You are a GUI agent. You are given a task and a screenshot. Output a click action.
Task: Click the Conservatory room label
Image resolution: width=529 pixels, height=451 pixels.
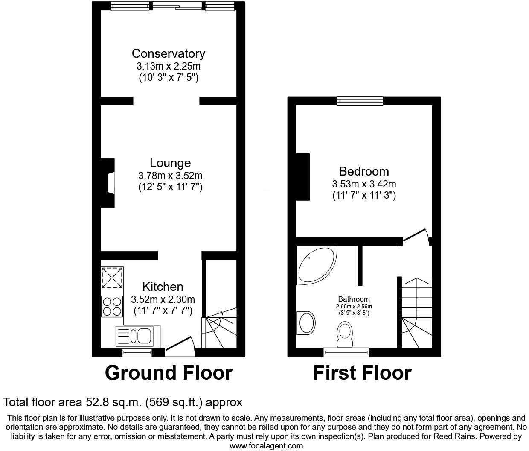pyautogui.click(x=168, y=53)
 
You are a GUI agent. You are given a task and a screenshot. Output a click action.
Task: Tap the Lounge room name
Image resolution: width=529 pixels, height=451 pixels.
pyautogui.click(x=170, y=163)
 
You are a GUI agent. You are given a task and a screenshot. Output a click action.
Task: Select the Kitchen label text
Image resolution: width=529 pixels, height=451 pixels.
pyautogui.click(x=163, y=287)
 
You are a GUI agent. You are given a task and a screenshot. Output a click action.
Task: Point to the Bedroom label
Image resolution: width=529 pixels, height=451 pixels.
pyautogui.click(x=364, y=171)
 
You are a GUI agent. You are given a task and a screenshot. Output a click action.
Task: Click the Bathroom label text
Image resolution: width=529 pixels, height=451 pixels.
pyautogui.click(x=354, y=299)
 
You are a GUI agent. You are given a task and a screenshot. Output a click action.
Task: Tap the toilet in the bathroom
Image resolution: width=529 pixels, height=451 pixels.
pyautogui.click(x=345, y=334)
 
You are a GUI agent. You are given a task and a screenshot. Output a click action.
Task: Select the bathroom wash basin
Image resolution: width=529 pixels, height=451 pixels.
pyautogui.click(x=307, y=322)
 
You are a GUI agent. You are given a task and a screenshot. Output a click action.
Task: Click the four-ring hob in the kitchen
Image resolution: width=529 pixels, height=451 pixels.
pyautogui.click(x=112, y=306)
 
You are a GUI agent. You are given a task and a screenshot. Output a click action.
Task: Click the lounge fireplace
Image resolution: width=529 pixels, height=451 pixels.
pyautogui.click(x=109, y=183)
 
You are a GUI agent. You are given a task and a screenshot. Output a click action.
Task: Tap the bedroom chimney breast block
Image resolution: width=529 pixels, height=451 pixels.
pyautogui.click(x=303, y=176)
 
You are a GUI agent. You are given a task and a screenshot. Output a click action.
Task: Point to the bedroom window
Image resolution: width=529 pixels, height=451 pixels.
pyautogui.click(x=360, y=101)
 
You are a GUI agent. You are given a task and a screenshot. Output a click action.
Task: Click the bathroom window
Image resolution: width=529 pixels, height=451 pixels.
pyautogui.click(x=346, y=352)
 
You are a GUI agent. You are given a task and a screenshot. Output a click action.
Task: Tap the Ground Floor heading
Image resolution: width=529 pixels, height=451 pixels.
pyautogui.click(x=169, y=372)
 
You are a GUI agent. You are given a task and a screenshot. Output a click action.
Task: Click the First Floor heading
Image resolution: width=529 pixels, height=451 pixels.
pyautogui.click(x=362, y=372)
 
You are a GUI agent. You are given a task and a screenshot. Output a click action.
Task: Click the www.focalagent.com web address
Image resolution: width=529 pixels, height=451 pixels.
pyautogui.click(x=266, y=445)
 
